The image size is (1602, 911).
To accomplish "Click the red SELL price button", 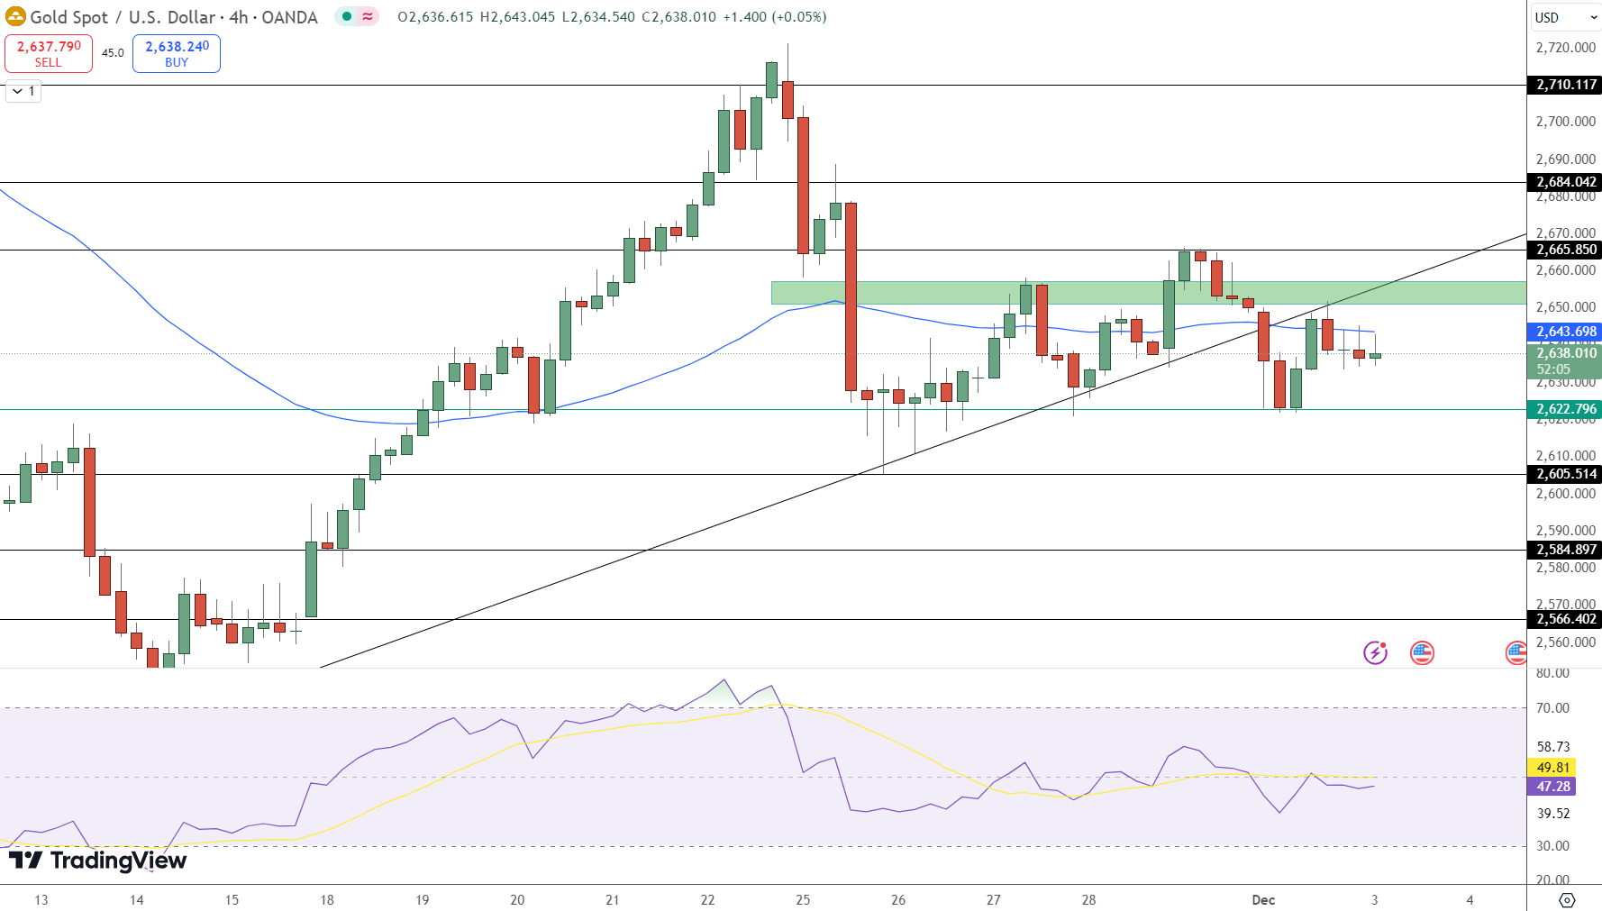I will tap(49, 53).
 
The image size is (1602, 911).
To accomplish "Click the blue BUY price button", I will tap(177, 53).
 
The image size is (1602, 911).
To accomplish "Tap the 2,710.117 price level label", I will tap(1566, 85).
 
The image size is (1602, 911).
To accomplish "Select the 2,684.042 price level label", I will tap(1566, 182).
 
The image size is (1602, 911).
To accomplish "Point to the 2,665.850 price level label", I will tap(1566, 250).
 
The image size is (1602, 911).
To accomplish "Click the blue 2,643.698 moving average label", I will tap(1566, 332).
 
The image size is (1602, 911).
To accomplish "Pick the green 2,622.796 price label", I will tap(1566, 409).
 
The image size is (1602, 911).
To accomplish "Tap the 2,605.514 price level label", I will tap(1566, 474).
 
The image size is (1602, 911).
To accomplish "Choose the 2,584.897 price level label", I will tap(1566, 550).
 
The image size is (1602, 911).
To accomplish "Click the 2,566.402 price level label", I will tap(1566, 619).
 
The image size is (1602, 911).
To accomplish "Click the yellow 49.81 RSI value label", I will tap(1552, 768).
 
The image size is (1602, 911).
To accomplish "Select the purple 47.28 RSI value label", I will tap(1552, 787).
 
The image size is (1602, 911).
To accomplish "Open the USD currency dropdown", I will tap(1564, 17).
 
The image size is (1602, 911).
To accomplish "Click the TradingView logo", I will tap(97, 861).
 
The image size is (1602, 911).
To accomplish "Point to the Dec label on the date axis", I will tap(1263, 899).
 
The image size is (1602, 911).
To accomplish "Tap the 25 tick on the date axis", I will tap(803, 899).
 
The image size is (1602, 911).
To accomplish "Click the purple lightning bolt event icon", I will tap(1375, 652).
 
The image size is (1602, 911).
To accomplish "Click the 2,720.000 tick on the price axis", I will tap(1565, 48).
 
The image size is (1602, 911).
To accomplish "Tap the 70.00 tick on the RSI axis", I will tap(1552, 708).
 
